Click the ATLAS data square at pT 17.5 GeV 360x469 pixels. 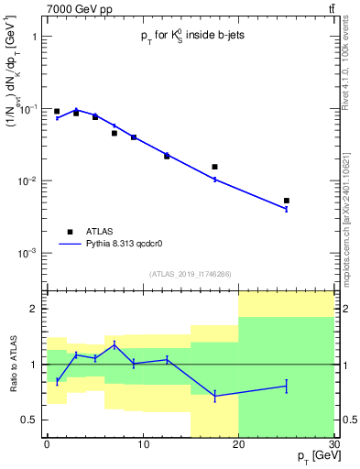click(214, 167)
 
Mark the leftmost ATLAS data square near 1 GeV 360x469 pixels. click(57, 112)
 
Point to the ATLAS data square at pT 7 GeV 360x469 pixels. click(115, 133)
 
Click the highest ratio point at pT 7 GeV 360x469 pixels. click(115, 344)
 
